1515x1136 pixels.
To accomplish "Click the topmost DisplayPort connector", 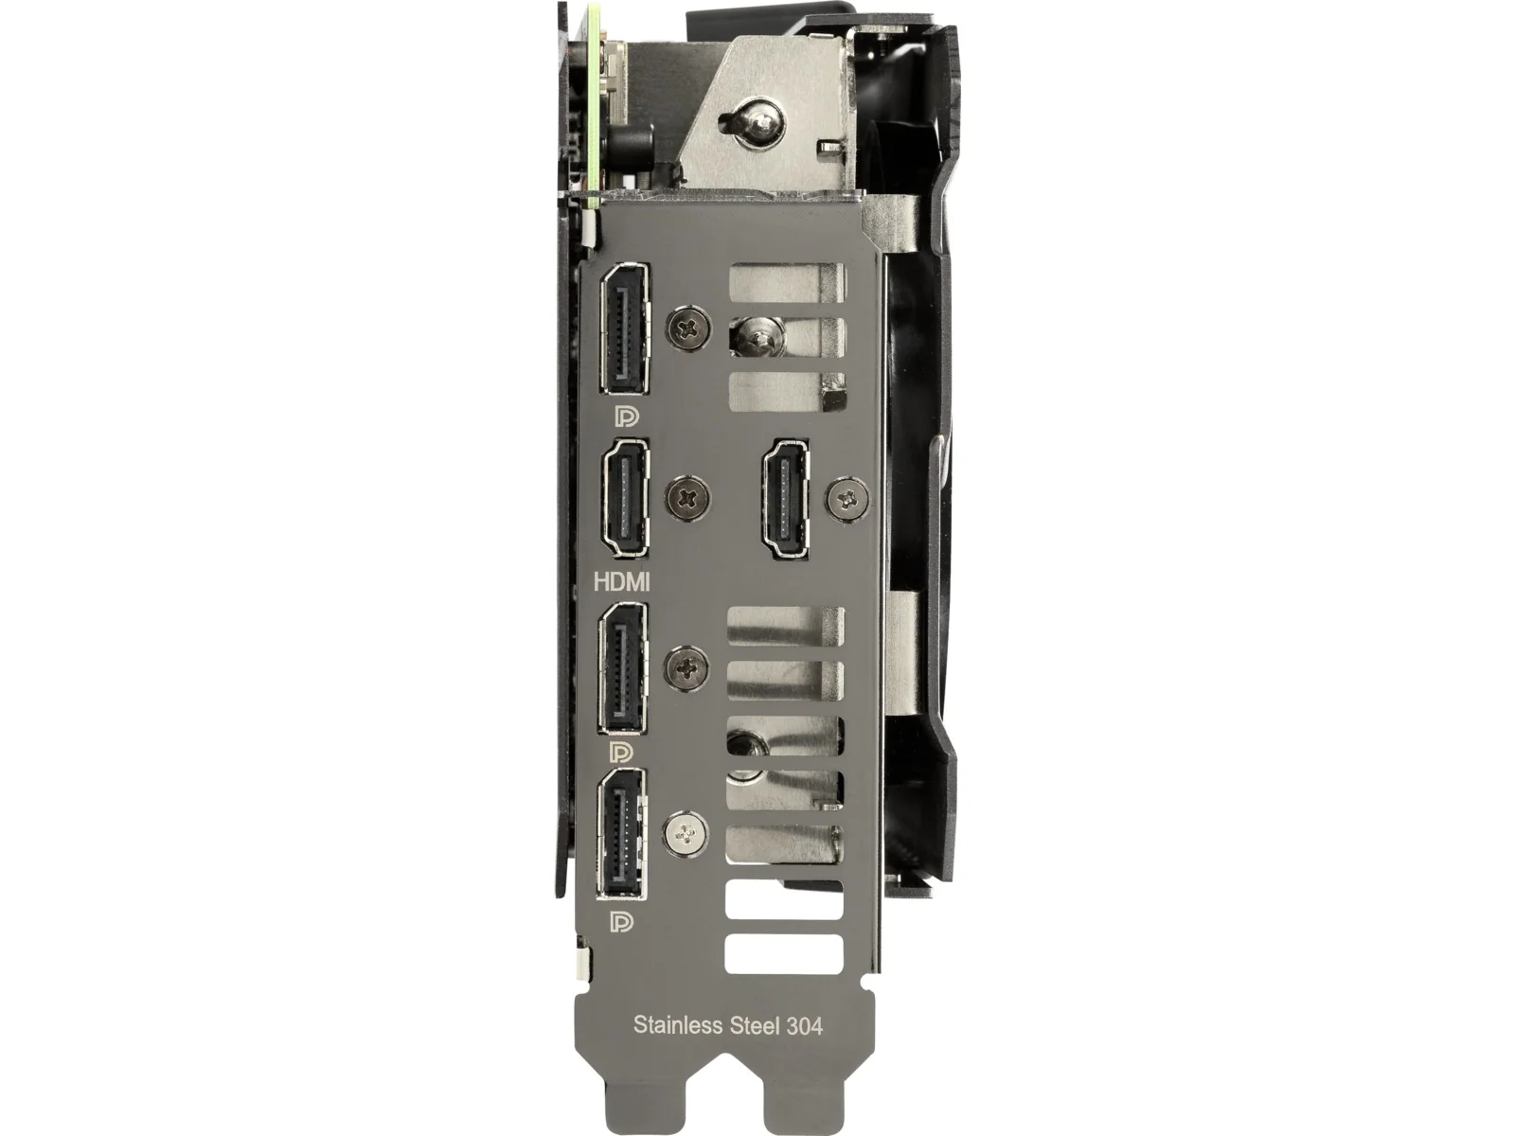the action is coord(624,329).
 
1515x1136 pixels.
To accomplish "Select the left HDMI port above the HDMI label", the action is coord(625,497).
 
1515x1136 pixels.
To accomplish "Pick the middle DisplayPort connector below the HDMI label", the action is coord(623,667).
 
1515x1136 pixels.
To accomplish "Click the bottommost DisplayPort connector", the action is coord(622,834).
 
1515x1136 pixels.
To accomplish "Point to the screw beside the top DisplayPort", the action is coord(688,327).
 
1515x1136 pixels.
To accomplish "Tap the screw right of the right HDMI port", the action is coord(848,497).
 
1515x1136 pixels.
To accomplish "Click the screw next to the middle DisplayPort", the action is coord(686,667).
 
